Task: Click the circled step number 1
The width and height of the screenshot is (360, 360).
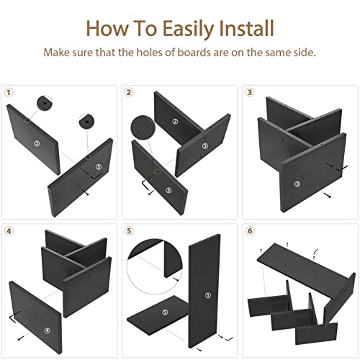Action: click(9, 92)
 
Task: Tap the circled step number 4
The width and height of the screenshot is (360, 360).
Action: click(9, 231)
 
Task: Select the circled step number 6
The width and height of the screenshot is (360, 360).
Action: click(250, 231)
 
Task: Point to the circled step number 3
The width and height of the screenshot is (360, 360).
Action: click(250, 92)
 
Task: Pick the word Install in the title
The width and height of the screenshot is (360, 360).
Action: click(246, 28)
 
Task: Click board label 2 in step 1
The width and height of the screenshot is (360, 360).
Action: click(37, 143)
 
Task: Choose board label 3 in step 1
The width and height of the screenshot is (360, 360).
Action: click(99, 167)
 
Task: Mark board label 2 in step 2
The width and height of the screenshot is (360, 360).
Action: click(176, 122)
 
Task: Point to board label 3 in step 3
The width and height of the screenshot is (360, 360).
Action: click(297, 184)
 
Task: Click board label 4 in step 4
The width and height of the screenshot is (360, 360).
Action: click(48, 330)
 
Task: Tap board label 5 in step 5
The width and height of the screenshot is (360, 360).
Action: click(165, 312)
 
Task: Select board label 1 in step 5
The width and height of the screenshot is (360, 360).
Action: click(208, 295)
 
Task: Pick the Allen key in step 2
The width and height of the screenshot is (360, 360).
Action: click(145, 185)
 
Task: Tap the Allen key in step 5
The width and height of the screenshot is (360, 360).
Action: click(228, 338)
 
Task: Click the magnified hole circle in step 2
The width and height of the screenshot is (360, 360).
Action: click(143, 127)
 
